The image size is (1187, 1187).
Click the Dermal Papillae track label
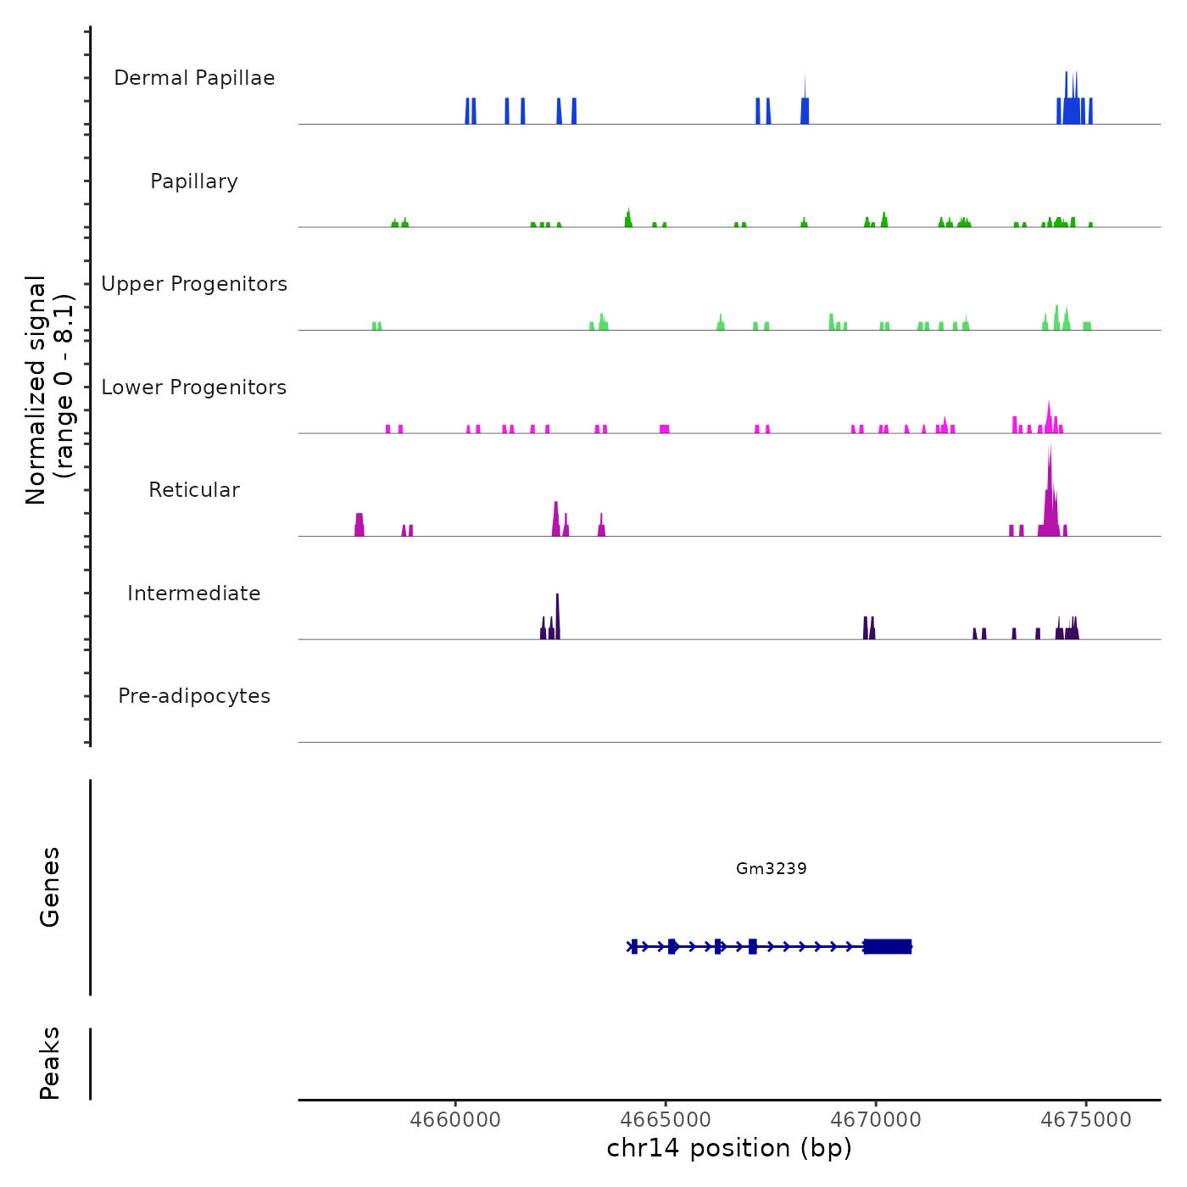pyautogui.click(x=194, y=78)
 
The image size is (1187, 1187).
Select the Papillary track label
pyautogui.click(x=194, y=181)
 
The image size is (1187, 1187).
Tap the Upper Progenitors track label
pyautogui.click(x=194, y=284)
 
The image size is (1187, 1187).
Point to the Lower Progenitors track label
pyautogui.click(x=194, y=387)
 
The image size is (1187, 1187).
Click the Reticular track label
pyautogui.click(x=194, y=490)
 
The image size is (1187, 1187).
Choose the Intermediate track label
pyautogui.click(x=194, y=593)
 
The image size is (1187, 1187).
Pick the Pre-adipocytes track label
pyautogui.click(x=194, y=696)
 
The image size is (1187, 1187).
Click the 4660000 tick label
pyautogui.click(x=455, y=1120)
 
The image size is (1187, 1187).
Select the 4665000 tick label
pyautogui.click(x=666, y=1120)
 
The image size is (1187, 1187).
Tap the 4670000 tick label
pyautogui.click(x=876, y=1120)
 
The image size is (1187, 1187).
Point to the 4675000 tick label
pyautogui.click(x=1086, y=1120)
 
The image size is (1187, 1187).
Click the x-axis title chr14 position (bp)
pyautogui.click(x=729, y=1148)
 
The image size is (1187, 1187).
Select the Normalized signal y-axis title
pyautogui.click(x=49, y=390)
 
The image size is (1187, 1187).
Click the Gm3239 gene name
pyautogui.click(x=772, y=868)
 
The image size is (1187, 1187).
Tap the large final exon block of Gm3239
pyautogui.click(x=888, y=946)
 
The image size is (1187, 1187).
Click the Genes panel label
pyautogui.click(x=50, y=887)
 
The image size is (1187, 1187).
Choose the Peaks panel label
pyautogui.click(x=50, y=1063)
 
